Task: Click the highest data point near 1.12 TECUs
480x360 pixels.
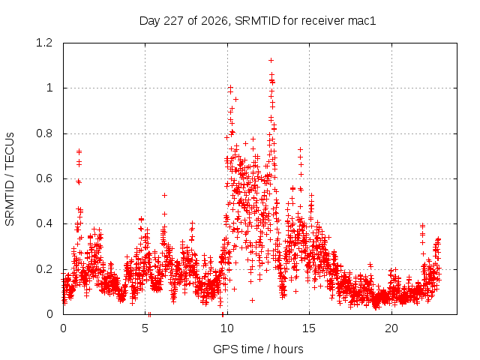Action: (271, 61)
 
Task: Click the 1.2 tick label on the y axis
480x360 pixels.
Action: (44, 43)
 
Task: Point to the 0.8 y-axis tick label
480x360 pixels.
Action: (44, 133)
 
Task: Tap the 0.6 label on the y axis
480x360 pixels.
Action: (44, 178)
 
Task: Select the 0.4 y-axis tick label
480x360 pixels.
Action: (44, 223)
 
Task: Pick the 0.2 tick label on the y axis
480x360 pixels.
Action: (44, 269)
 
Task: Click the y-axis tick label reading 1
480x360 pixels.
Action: (49, 88)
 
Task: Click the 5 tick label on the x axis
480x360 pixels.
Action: (145, 328)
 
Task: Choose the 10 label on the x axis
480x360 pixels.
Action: (227, 328)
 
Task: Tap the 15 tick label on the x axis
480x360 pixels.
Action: (309, 328)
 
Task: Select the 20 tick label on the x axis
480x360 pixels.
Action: (391, 328)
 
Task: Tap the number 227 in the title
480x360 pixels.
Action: (173, 21)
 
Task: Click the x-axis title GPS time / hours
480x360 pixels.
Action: (258, 349)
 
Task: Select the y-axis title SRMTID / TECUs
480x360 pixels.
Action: (10, 179)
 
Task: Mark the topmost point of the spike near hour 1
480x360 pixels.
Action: (79, 151)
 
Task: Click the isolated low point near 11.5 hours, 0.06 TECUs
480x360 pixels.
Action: (252, 300)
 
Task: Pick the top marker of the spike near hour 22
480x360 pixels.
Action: (422, 226)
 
